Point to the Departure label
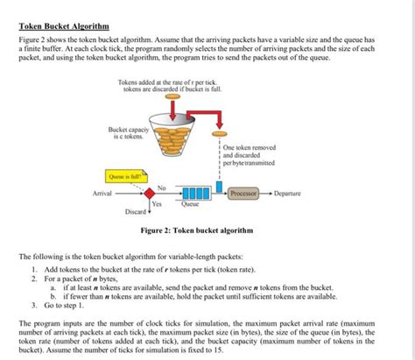288,192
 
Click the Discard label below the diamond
137,213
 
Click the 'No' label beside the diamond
161,186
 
